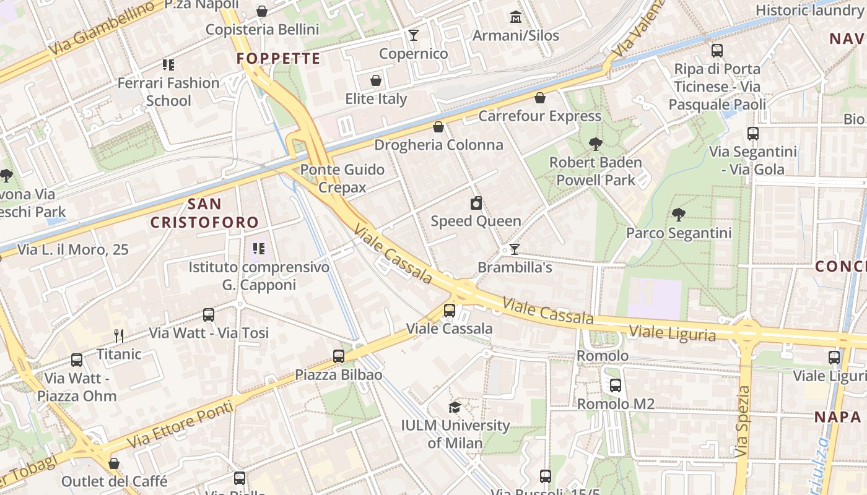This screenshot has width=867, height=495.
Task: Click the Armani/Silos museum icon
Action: (x=515, y=17)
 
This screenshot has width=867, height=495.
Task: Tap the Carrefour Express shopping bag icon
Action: (x=540, y=98)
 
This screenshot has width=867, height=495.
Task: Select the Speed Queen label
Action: (x=476, y=221)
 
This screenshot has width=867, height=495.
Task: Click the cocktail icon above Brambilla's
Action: (x=514, y=249)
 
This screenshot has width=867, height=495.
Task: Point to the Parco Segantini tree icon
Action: (x=679, y=215)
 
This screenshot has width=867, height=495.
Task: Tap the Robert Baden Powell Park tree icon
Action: (x=595, y=144)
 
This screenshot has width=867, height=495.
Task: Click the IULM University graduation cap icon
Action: (x=455, y=407)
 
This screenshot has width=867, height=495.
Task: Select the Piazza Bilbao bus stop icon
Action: (x=338, y=356)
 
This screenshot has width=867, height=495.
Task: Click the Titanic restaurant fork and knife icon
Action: (x=119, y=336)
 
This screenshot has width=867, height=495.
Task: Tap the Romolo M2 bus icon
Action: (x=615, y=385)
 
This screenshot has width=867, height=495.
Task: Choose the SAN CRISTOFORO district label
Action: (x=204, y=213)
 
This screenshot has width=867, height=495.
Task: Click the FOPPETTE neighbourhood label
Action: (x=279, y=59)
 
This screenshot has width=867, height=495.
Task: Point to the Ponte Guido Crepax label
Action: (x=342, y=178)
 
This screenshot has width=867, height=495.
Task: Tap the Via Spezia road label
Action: (x=743, y=421)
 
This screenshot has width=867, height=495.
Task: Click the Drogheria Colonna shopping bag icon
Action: (x=438, y=127)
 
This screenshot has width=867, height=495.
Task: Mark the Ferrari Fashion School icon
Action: (x=168, y=64)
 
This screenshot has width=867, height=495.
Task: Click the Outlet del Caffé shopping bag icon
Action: (x=114, y=463)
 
